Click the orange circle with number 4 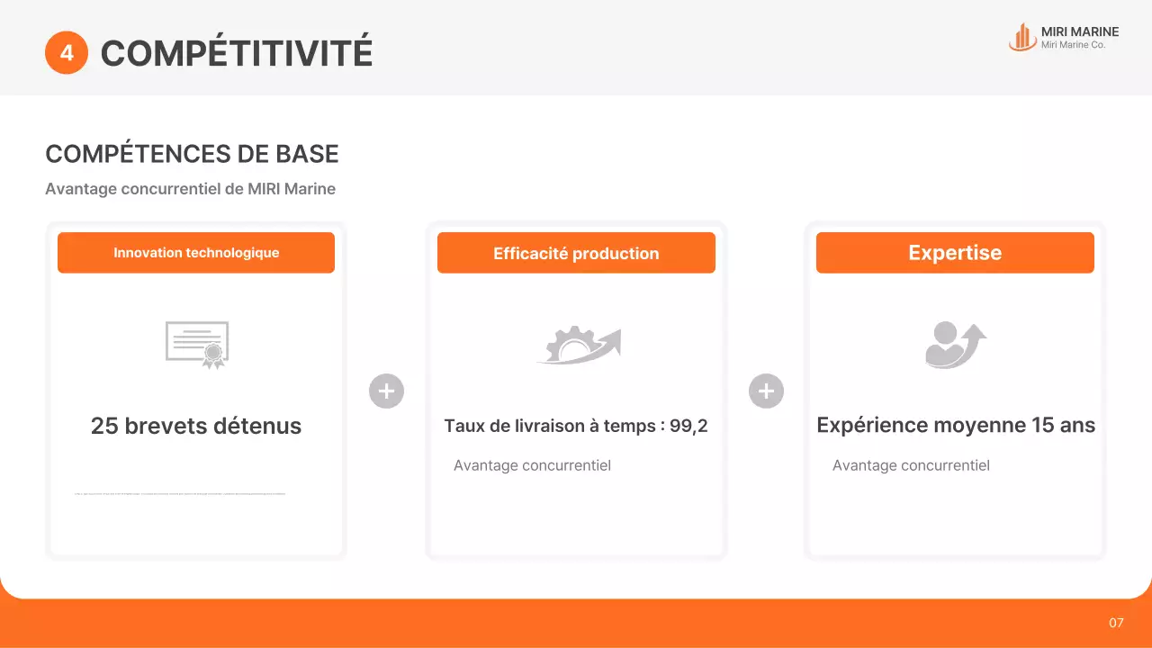click(x=67, y=53)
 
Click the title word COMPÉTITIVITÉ click(x=236, y=53)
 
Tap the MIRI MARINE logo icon click(x=1022, y=37)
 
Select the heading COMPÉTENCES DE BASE click(x=192, y=154)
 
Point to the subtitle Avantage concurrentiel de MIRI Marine click(x=190, y=189)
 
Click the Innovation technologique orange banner click(x=196, y=253)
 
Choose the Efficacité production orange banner click(x=576, y=253)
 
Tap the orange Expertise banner click(x=955, y=253)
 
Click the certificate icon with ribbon click(x=197, y=345)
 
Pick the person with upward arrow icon click(x=955, y=345)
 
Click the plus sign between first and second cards click(x=386, y=391)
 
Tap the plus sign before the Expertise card click(x=766, y=391)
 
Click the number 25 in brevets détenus click(x=104, y=426)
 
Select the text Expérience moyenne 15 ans click(x=956, y=425)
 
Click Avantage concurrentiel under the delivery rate click(x=532, y=465)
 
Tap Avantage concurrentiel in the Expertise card click(x=911, y=465)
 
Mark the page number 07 click(x=1116, y=623)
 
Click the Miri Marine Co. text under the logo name click(x=1073, y=45)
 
